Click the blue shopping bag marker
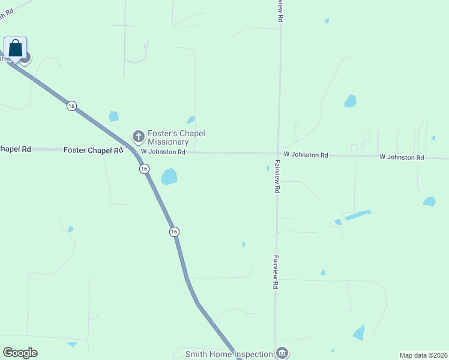click(16, 48)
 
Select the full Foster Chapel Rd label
click(92, 150)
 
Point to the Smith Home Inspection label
click(229, 354)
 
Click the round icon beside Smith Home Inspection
click(282, 353)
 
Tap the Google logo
click(20, 353)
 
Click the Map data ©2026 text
click(423, 355)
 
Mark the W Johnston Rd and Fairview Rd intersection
click(277, 154)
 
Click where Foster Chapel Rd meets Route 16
click(131, 149)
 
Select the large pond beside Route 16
click(169, 176)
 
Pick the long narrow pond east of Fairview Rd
click(358, 215)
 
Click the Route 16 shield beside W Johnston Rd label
click(144, 169)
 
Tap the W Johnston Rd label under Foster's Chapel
click(163, 152)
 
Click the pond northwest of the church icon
click(113, 116)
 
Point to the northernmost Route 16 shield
click(72, 106)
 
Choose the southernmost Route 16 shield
click(174, 232)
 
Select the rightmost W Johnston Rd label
click(402, 157)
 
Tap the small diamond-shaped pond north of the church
click(191, 119)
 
